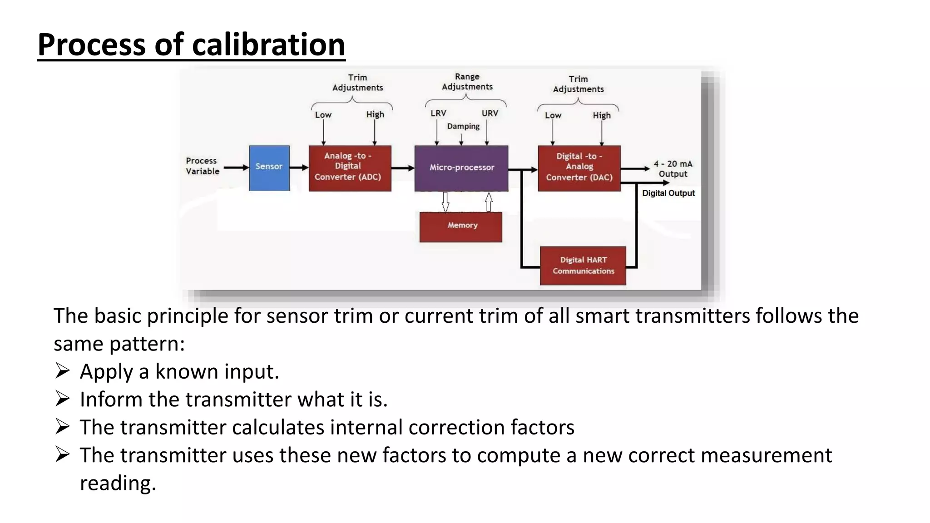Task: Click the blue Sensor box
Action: [x=269, y=168]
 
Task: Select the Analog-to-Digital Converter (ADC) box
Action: [x=350, y=168]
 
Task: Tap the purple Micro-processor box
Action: [x=461, y=168]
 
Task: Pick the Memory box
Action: [x=461, y=227]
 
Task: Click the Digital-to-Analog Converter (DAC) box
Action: [x=579, y=168]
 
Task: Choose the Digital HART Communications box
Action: [x=583, y=266]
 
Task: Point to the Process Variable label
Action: [x=203, y=166]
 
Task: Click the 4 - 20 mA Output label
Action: [x=673, y=169]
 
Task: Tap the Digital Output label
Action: [x=668, y=193]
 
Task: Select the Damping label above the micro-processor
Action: [x=463, y=126]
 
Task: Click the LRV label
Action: [x=438, y=113]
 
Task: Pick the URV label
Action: [x=490, y=113]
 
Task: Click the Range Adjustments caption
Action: [x=467, y=82]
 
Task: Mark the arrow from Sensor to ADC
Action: [x=299, y=168]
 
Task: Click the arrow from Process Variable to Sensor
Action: [x=236, y=168]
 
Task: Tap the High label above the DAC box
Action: [x=602, y=116]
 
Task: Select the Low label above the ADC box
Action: [x=323, y=115]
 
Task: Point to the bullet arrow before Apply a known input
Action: [x=62, y=371]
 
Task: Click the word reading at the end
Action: [x=118, y=483]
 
